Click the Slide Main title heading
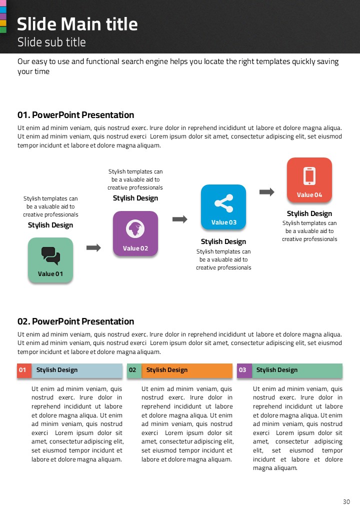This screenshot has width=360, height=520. coord(77,24)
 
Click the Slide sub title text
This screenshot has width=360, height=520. coord(51,42)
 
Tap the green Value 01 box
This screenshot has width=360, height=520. coord(50,260)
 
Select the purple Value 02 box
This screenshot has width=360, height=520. coord(135,233)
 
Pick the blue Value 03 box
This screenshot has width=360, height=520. coord(223,207)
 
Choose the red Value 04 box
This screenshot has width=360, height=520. coord(309,180)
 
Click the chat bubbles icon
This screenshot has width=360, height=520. coord(50,255)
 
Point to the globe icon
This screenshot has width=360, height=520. coord(135,229)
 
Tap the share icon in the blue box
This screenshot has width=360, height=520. coord(223,203)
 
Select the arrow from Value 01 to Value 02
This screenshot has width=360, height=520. coord(93,247)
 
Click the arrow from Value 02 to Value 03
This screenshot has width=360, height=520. coord(179,219)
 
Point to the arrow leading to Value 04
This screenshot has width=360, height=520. coord(267,192)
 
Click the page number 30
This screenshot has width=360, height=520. coord(346,502)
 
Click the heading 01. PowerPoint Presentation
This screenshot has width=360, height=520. coord(76,115)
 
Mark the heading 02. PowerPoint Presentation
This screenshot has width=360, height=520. coord(76,321)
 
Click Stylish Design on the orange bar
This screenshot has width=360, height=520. coord(167,370)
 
